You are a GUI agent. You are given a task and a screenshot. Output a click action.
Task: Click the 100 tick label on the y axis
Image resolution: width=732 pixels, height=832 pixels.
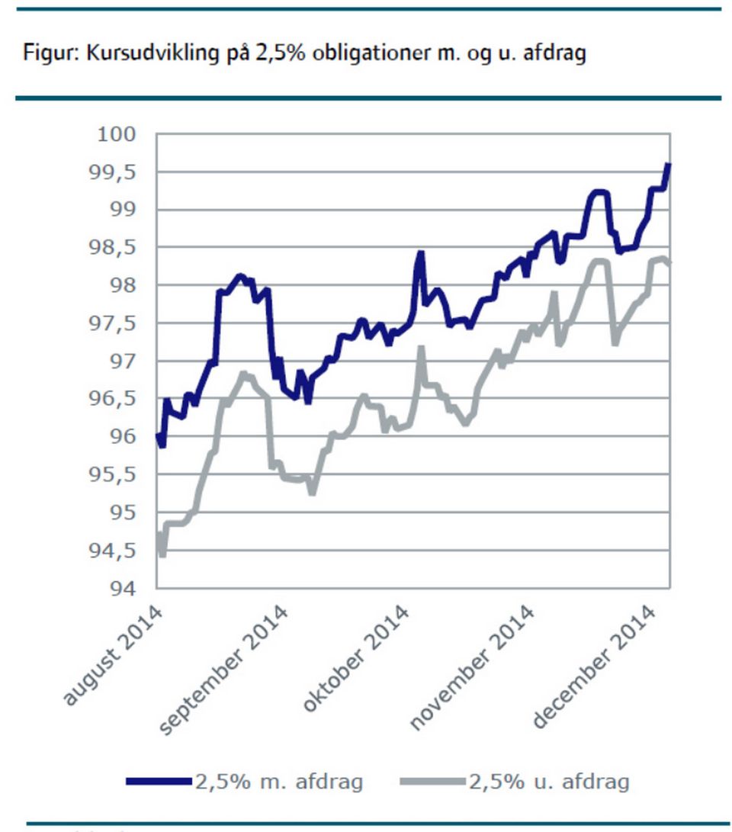point(118,135)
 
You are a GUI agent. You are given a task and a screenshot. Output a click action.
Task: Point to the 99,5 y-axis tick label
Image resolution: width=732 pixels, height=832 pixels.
point(114,172)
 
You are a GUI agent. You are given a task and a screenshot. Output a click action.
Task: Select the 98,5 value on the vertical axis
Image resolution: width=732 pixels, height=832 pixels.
point(114,248)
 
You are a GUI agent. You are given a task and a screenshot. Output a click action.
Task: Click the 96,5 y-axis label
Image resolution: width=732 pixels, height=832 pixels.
point(114,399)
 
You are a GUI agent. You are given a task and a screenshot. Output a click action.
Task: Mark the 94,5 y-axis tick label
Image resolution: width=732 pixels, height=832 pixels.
point(114,551)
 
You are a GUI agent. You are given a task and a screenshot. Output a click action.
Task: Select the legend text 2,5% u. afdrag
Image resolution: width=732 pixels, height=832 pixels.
point(549,782)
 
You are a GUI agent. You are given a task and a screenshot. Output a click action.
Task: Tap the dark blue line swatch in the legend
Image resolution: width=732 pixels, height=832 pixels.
point(157,782)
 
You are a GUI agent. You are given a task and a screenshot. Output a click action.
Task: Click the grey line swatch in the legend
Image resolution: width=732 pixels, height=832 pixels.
point(432,782)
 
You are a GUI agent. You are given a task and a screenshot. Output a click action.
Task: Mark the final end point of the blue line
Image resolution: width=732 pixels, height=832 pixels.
point(669,163)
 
